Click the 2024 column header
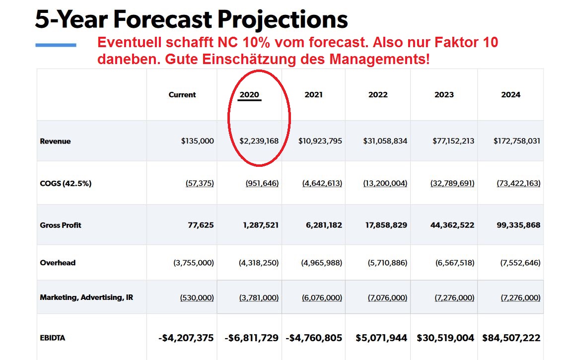(x=510, y=94)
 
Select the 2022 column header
(x=378, y=94)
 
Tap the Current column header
(x=182, y=94)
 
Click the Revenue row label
(x=55, y=141)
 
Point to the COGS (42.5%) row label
(x=66, y=183)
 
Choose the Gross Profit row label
(x=61, y=225)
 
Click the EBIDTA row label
(x=53, y=338)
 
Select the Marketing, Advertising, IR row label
(x=86, y=297)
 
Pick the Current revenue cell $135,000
(x=197, y=141)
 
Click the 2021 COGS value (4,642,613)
(x=322, y=183)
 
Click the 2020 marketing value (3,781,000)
(x=259, y=297)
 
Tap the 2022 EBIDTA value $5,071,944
(x=381, y=338)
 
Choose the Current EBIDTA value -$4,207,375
(x=186, y=338)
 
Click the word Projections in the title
(x=283, y=20)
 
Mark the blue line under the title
(x=56, y=45)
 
